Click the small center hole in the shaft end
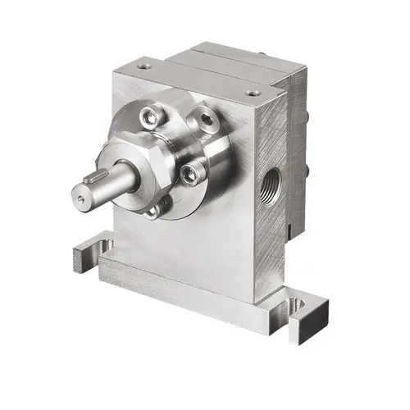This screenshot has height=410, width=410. pos(79,197)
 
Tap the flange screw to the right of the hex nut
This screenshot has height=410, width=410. pos(189,173)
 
